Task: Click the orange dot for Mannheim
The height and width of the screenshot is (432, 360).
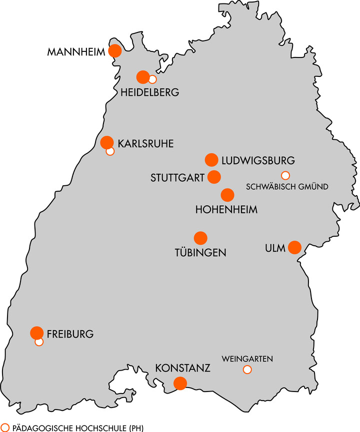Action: (x=115, y=51)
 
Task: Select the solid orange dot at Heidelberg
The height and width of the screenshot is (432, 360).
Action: (x=143, y=77)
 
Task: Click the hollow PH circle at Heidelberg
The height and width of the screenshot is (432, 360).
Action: (x=152, y=79)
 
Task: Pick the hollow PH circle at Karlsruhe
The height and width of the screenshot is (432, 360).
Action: (x=110, y=151)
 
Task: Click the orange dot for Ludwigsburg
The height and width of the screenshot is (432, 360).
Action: (x=211, y=160)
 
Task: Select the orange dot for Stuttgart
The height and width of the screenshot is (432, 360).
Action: (x=214, y=177)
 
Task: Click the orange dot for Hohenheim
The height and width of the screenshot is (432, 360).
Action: (x=227, y=195)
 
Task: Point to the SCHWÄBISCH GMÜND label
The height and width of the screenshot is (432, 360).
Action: (x=287, y=187)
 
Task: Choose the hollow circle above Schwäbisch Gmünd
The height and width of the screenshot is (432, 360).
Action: (x=285, y=175)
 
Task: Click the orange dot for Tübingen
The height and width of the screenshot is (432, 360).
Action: (x=200, y=238)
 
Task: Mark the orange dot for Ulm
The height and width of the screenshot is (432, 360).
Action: (x=294, y=247)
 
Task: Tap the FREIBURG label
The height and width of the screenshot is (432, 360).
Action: (x=70, y=334)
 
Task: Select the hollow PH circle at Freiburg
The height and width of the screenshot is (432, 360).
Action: (x=39, y=342)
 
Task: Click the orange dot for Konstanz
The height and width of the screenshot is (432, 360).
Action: (x=180, y=383)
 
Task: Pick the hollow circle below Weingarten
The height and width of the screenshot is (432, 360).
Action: (x=247, y=370)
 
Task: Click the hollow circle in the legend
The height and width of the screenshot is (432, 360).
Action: (x=5, y=428)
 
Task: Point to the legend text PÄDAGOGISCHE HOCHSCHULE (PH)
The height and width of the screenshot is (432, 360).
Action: (x=77, y=428)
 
